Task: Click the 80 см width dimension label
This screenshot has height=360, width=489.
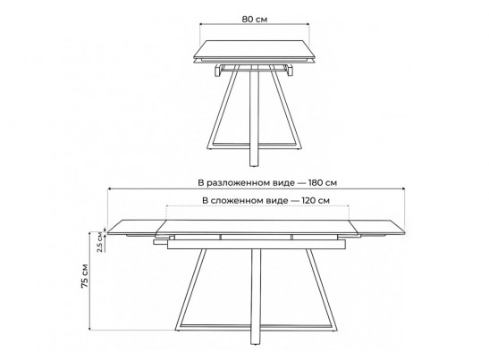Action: [x=255, y=19]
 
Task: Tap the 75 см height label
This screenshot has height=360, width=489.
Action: [x=85, y=276]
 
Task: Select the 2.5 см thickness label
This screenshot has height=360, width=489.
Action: [x=100, y=242]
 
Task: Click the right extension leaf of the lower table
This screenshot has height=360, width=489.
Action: [x=377, y=228]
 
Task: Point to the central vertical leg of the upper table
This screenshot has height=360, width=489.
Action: [x=254, y=115]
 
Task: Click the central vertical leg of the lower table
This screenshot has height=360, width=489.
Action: [x=256, y=296]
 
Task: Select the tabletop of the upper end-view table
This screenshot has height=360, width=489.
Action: [x=255, y=49]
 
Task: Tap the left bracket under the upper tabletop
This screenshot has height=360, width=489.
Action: [x=218, y=71]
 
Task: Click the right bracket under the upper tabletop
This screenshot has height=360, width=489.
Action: [x=290, y=71]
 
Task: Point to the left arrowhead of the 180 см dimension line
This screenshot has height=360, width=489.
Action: [x=109, y=188]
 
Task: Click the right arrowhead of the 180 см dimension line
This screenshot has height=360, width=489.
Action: [x=403, y=188]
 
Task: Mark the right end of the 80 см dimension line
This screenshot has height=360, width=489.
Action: [x=308, y=24]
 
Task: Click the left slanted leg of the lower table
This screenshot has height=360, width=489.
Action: [x=190, y=289]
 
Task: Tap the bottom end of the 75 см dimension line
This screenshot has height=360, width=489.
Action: [x=89, y=329]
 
